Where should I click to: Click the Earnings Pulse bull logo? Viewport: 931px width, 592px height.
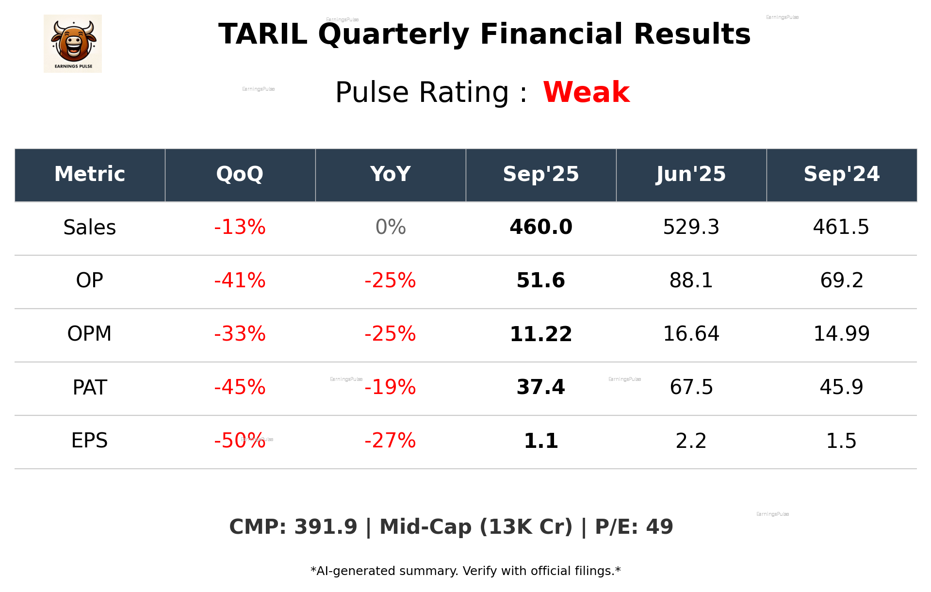click(73, 43)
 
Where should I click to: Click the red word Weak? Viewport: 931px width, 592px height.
click(586, 92)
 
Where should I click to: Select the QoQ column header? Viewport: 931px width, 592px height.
click(240, 174)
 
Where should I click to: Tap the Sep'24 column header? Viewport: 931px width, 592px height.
click(841, 174)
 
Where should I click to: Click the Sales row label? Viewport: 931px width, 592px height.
click(90, 227)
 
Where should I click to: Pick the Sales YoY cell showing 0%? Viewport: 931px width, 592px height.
click(391, 227)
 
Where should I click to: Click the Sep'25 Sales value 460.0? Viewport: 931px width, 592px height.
click(541, 227)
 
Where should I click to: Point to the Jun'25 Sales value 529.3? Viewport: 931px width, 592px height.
click(691, 227)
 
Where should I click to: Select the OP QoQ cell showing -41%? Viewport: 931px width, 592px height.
click(240, 280)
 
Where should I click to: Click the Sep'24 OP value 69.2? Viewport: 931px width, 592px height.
click(841, 280)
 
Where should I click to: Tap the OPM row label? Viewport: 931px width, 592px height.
click(90, 334)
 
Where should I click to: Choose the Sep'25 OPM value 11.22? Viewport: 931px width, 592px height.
click(541, 334)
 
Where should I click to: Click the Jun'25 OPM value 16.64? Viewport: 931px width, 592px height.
click(691, 334)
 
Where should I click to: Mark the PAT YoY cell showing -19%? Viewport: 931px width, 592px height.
click(391, 387)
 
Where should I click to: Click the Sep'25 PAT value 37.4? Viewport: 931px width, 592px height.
click(541, 387)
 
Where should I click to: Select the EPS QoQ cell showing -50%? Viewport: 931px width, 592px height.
click(240, 441)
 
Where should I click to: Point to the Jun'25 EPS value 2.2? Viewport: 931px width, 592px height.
click(691, 441)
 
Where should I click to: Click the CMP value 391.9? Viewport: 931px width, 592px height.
click(326, 527)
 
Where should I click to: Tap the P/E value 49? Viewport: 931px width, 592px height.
click(659, 527)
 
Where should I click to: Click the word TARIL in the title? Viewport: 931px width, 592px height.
click(262, 34)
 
